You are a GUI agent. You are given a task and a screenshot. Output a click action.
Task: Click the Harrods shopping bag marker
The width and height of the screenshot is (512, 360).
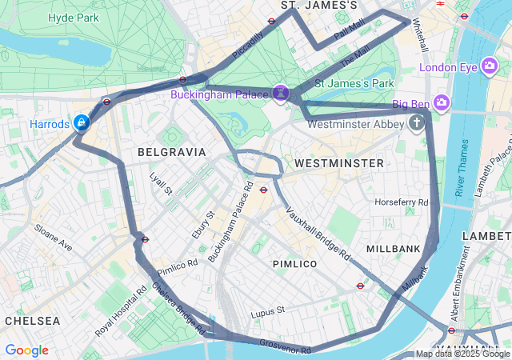pyautogui.click(x=81, y=122)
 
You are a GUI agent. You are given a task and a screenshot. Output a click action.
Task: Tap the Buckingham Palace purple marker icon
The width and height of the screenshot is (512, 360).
pyautogui.click(x=281, y=94)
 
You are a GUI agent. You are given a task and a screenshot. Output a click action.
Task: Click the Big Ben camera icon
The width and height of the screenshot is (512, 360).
pyautogui.click(x=442, y=102)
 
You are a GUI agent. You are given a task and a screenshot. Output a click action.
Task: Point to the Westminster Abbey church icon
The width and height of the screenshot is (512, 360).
pyautogui.click(x=416, y=122)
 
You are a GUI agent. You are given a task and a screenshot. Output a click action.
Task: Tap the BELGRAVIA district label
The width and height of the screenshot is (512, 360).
pyautogui.click(x=171, y=151)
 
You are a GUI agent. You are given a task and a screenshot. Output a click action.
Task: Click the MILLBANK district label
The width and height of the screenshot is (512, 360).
pyautogui.click(x=393, y=249)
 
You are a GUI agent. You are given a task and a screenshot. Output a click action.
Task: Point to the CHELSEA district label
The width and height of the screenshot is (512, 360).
pyautogui.click(x=32, y=320)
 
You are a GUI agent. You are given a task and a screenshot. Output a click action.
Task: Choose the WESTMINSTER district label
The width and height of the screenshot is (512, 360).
pyautogui.click(x=339, y=163)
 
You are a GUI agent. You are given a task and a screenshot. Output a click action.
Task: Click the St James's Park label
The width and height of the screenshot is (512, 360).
pyautogui.click(x=354, y=82)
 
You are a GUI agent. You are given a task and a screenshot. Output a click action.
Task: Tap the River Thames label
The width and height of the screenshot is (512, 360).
pyautogui.click(x=462, y=168)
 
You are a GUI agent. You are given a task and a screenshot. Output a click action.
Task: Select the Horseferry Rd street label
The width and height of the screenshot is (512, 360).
pyautogui.click(x=402, y=202)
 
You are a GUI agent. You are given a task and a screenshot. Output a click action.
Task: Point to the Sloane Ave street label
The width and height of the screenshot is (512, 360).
pyautogui.click(x=53, y=238)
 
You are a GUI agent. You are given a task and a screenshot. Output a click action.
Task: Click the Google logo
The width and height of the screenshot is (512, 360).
pyautogui.click(x=26, y=350)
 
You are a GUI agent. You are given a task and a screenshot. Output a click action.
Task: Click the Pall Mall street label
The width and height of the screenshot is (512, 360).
pyautogui.click(x=349, y=32)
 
